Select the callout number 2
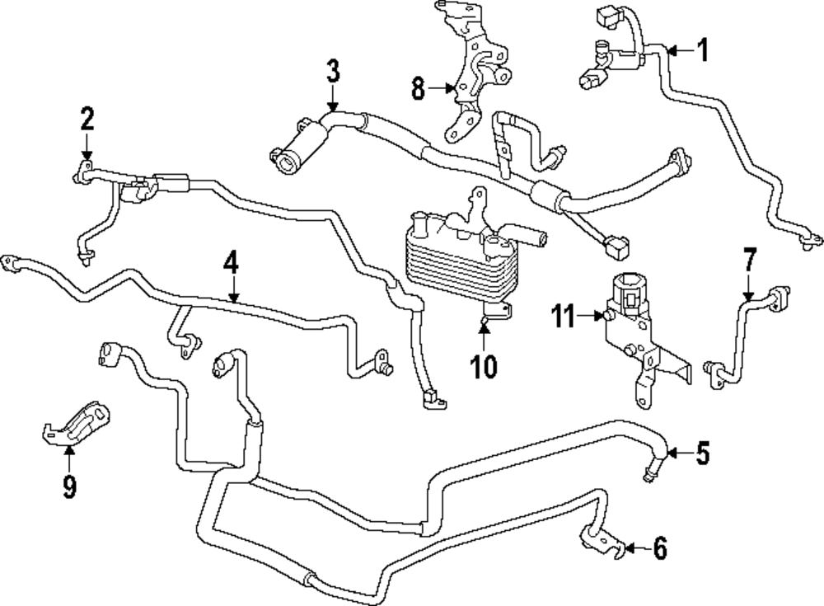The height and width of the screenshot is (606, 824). click(x=87, y=120)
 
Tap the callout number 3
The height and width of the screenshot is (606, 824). click(x=332, y=71)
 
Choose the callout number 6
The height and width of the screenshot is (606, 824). click(x=660, y=547)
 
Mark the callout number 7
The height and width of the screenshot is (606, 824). click(x=748, y=261)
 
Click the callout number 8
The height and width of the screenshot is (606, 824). click(x=419, y=87)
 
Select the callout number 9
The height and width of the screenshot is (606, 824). click(x=69, y=486)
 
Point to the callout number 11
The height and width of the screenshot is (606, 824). click(x=564, y=315)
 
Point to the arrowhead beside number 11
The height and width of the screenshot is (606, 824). click(x=598, y=315)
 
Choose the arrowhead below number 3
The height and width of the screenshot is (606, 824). click(x=332, y=106)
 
